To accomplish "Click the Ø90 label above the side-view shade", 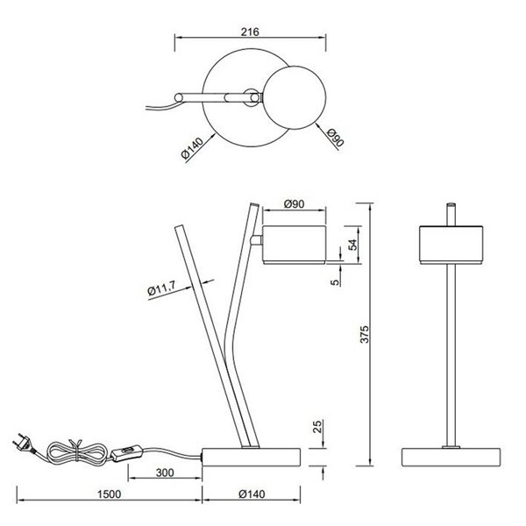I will [x=295, y=205].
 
